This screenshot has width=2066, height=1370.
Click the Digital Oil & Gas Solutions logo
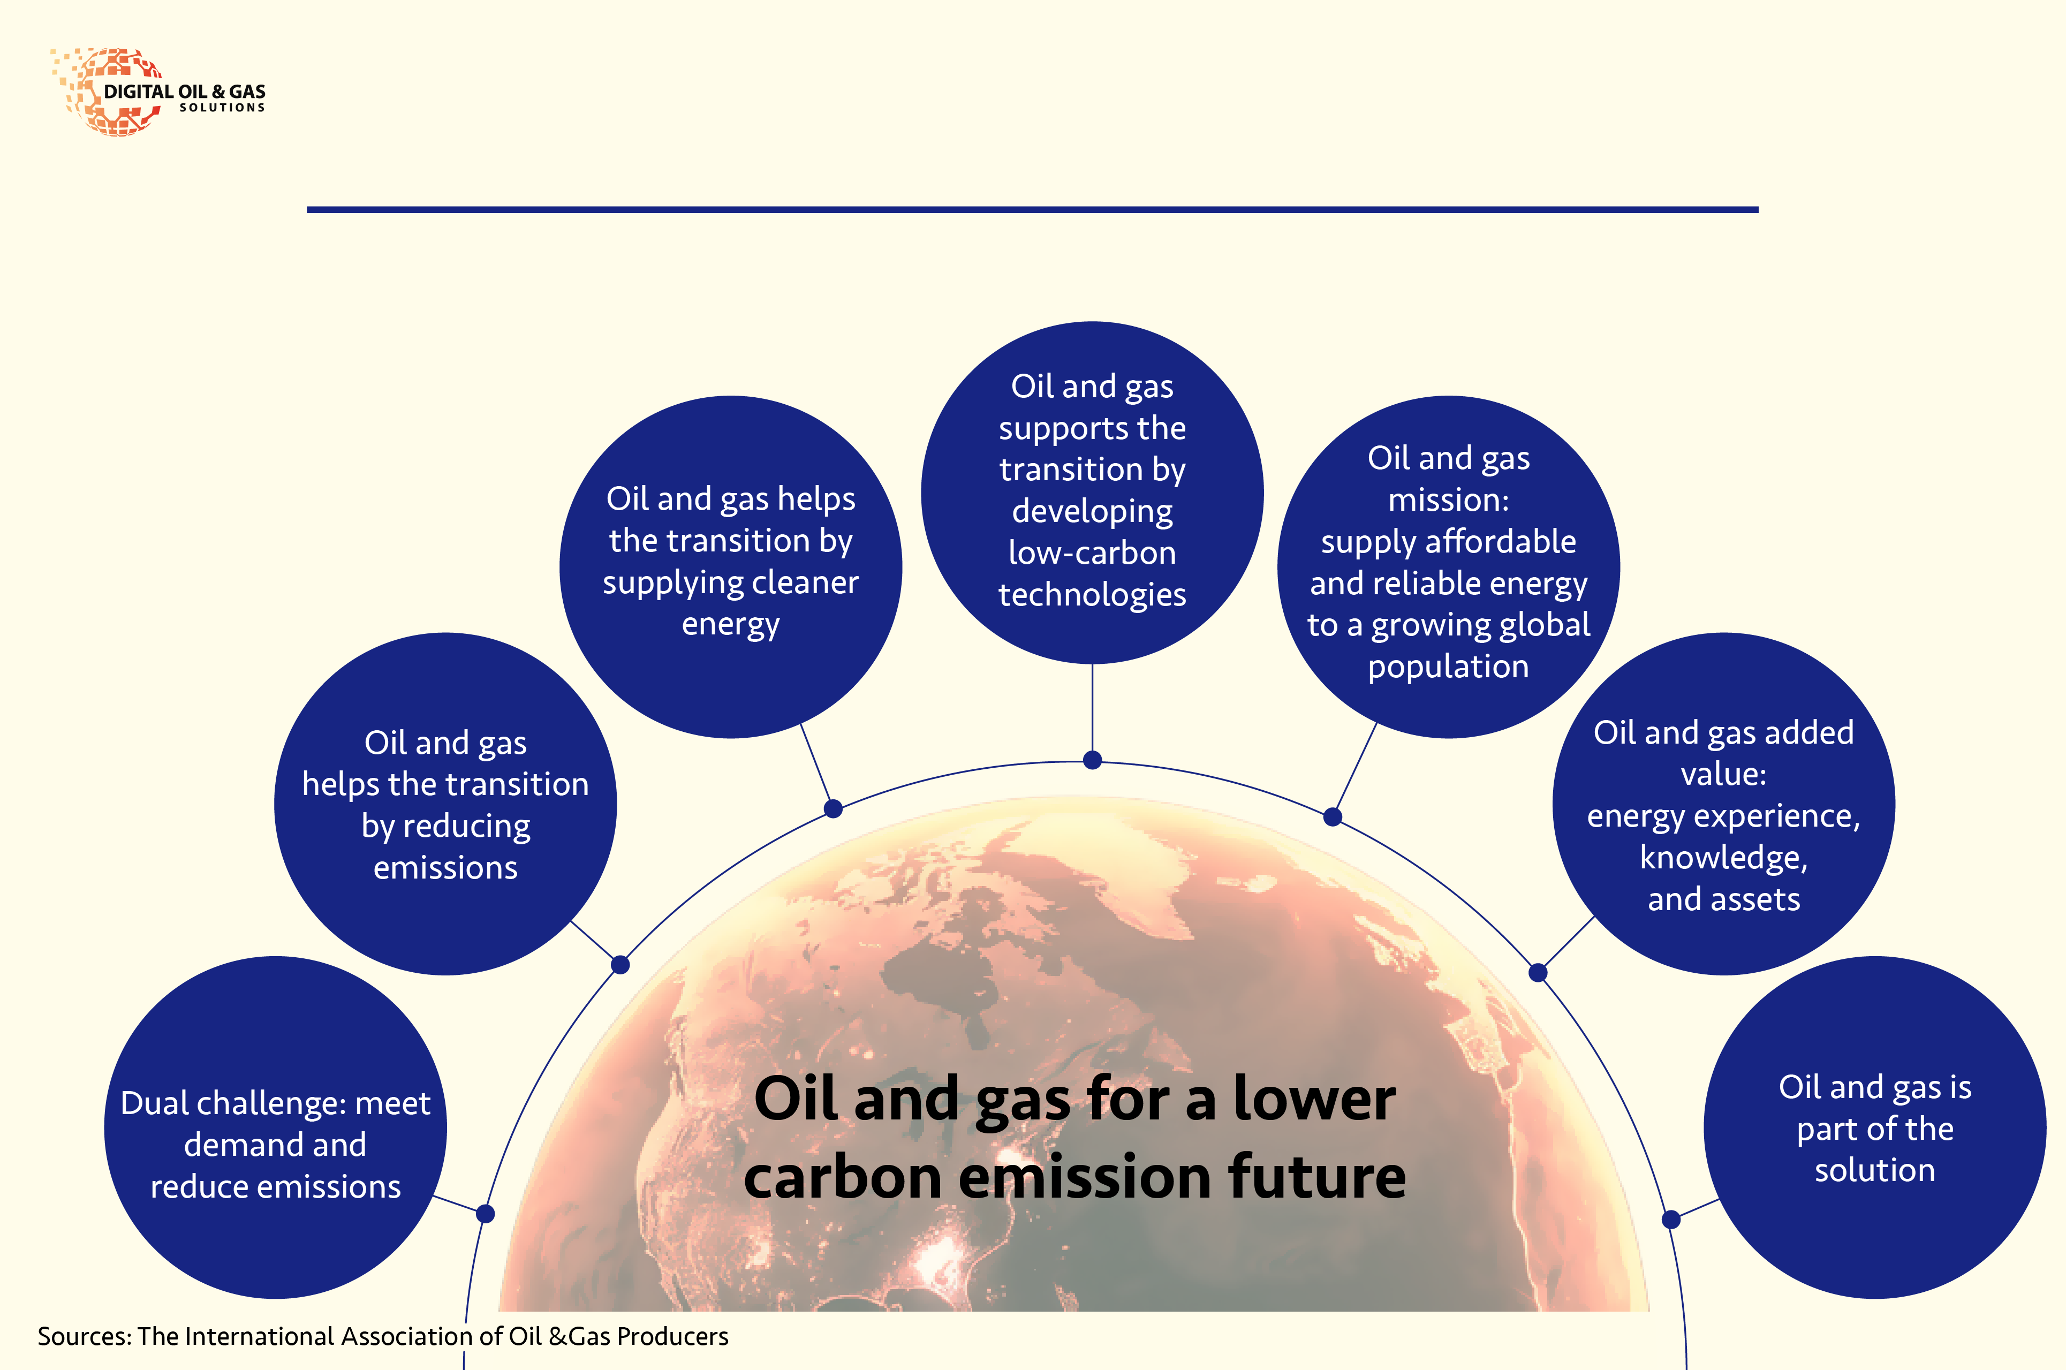[x=159, y=92]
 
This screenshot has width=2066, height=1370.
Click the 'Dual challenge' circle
[x=275, y=1127]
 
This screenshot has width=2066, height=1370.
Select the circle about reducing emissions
[x=445, y=804]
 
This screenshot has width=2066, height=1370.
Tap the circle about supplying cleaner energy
[x=731, y=567]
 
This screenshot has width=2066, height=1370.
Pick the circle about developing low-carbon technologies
[x=1092, y=493]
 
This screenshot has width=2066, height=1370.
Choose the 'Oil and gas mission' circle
[x=1448, y=567]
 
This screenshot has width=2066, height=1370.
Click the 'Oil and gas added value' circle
[x=1723, y=804]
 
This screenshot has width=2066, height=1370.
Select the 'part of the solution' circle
[x=1875, y=1127]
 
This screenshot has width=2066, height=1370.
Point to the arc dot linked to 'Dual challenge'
[x=486, y=1214]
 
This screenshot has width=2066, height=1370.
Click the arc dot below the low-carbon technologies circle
[x=1092, y=760]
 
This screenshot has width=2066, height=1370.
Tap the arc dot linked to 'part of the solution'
[x=1671, y=1219]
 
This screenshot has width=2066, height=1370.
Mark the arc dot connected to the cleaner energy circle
[x=834, y=809]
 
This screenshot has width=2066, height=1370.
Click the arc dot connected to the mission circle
[x=1332, y=817]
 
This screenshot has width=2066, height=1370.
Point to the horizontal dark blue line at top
[x=1033, y=210]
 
